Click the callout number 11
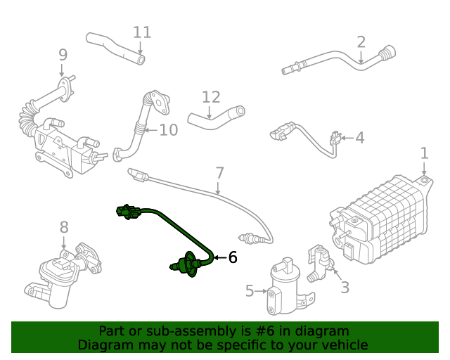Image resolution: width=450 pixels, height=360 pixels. (142, 32)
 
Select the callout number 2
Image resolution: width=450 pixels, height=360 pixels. (361, 42)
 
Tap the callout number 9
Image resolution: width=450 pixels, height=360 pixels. (63, 54)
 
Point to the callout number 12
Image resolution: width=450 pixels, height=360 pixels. (211, 97)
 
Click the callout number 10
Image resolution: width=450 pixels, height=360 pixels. (169, 130)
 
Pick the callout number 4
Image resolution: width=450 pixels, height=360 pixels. (359, 138)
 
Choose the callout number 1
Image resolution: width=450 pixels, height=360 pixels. (424, 153)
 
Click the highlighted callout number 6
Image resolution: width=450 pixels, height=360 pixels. (232, 258)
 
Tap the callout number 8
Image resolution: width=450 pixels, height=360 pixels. (64, 227)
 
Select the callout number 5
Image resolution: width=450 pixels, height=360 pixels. (250, 290)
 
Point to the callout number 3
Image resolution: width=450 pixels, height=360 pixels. (345, 287)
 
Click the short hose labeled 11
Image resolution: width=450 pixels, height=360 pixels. (116, 48)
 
